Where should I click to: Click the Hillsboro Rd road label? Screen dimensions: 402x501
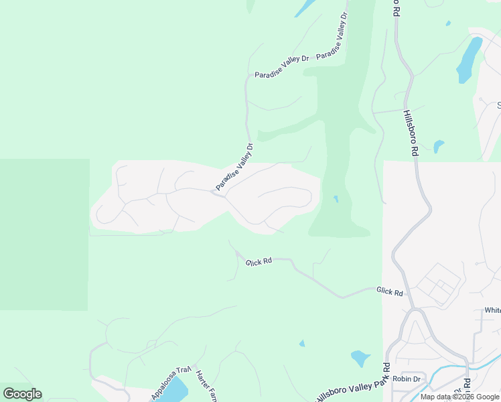[x=411, y=133]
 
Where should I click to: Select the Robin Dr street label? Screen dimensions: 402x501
[x=406, y=379]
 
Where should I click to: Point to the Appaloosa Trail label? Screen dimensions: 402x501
[x=171, y=383]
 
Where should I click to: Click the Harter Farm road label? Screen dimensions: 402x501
[x=203, y=384]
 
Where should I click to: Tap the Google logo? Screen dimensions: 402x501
[x=22, y=393]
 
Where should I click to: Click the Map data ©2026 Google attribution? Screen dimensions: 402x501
[x=459, y=397]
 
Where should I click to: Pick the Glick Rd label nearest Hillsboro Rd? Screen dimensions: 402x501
[x=389, y=292]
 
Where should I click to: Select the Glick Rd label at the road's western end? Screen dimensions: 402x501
[x=259, y=261]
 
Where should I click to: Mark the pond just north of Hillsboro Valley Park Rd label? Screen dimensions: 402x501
[x=360, y=358]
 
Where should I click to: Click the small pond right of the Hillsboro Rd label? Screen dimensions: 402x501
[x=438, y=145]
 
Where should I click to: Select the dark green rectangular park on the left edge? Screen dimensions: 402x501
[x=44, y=234]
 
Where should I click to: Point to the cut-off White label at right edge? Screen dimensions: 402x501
[x=493, y=310]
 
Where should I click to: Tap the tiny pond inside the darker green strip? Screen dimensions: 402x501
[x=336, y=199]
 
